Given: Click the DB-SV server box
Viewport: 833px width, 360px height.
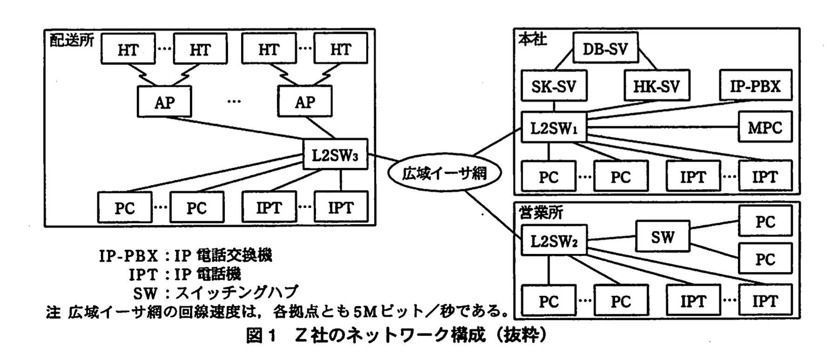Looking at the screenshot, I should point(605,48).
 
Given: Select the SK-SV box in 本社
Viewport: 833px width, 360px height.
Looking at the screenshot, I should point(554,86).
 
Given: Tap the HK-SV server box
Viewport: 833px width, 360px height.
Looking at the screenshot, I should point(656,86).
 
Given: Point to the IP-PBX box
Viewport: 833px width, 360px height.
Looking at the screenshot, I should point(755,86).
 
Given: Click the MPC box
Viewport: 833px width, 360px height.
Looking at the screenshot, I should point(765,127).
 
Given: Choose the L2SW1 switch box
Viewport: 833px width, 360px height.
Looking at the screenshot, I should point(554,127).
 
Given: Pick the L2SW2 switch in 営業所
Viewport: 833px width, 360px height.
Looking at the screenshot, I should point(554,240).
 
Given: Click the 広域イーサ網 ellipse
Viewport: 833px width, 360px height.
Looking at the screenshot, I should point(444,173).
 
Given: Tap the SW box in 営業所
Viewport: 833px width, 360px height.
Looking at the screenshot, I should point(662,237).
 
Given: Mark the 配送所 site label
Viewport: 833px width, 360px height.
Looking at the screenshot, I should point(72,40).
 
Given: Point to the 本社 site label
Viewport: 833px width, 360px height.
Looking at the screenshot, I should point(533,40).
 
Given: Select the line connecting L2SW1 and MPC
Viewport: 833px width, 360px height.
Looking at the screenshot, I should point(663,127).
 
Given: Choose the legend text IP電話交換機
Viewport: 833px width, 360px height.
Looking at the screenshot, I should point(223,255).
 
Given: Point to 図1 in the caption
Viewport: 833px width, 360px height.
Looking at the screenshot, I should point(261,336).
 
